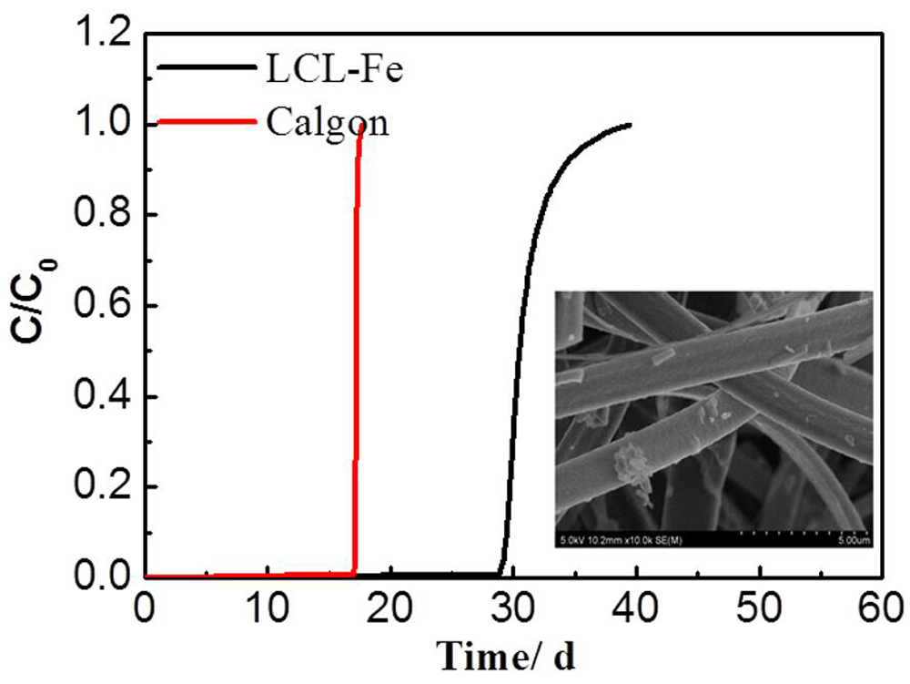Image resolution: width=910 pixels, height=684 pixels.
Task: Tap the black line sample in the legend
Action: point(206,68)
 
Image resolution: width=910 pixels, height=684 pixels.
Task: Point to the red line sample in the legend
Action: point(206,120)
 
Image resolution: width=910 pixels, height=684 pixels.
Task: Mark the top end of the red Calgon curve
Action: point(362,125)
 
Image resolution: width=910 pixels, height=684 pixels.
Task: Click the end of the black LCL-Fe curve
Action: point(631,125)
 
